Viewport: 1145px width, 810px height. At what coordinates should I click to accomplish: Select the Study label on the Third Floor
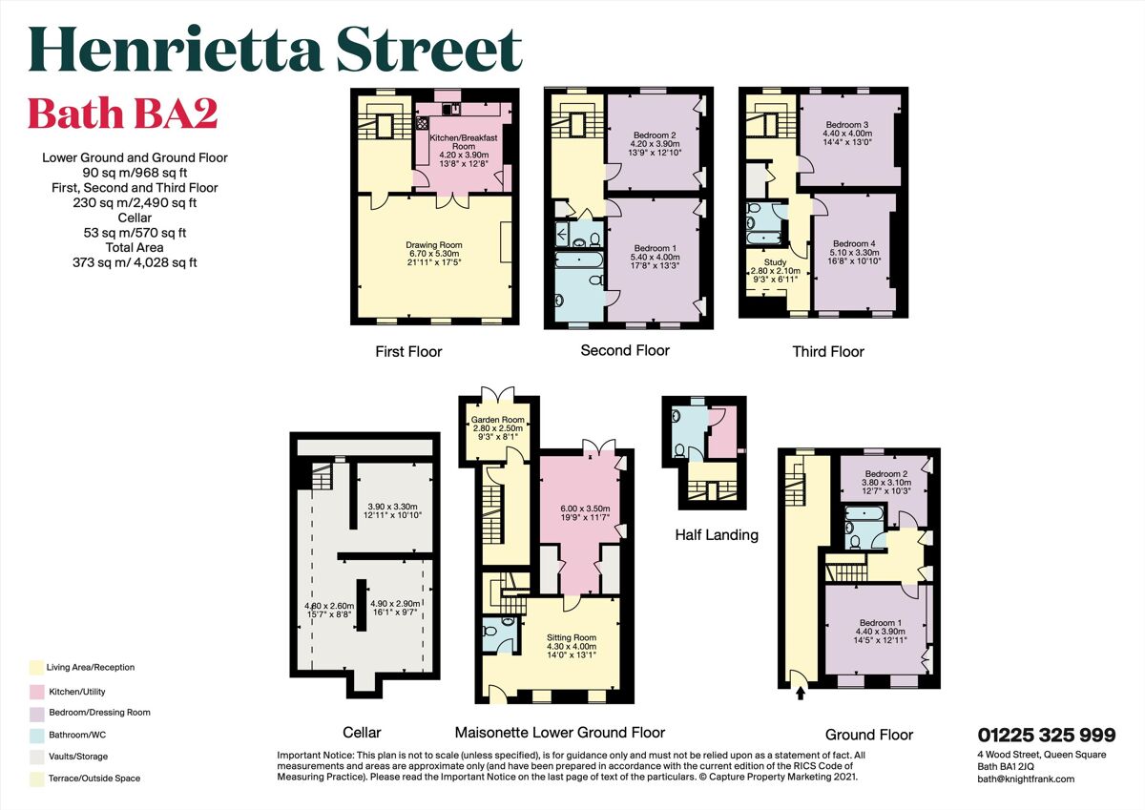pos(774,262)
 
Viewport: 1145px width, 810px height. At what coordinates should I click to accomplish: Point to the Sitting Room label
pos(572,637)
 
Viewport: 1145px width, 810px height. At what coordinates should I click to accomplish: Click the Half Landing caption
pos(716,534)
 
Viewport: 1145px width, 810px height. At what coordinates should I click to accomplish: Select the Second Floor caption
pos(625,350)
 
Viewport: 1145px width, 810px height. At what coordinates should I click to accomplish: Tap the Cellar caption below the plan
pos(362,733)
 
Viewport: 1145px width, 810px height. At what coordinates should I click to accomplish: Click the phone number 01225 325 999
pos(1046,735)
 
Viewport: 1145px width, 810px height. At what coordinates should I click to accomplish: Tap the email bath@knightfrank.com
pos(1026,779)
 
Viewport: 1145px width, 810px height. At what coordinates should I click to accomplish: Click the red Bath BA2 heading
pos(122,114)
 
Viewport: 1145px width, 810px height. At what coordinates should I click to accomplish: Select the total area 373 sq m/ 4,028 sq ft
pos(135,262)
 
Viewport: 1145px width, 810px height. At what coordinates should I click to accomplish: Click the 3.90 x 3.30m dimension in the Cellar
pos(394,506)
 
